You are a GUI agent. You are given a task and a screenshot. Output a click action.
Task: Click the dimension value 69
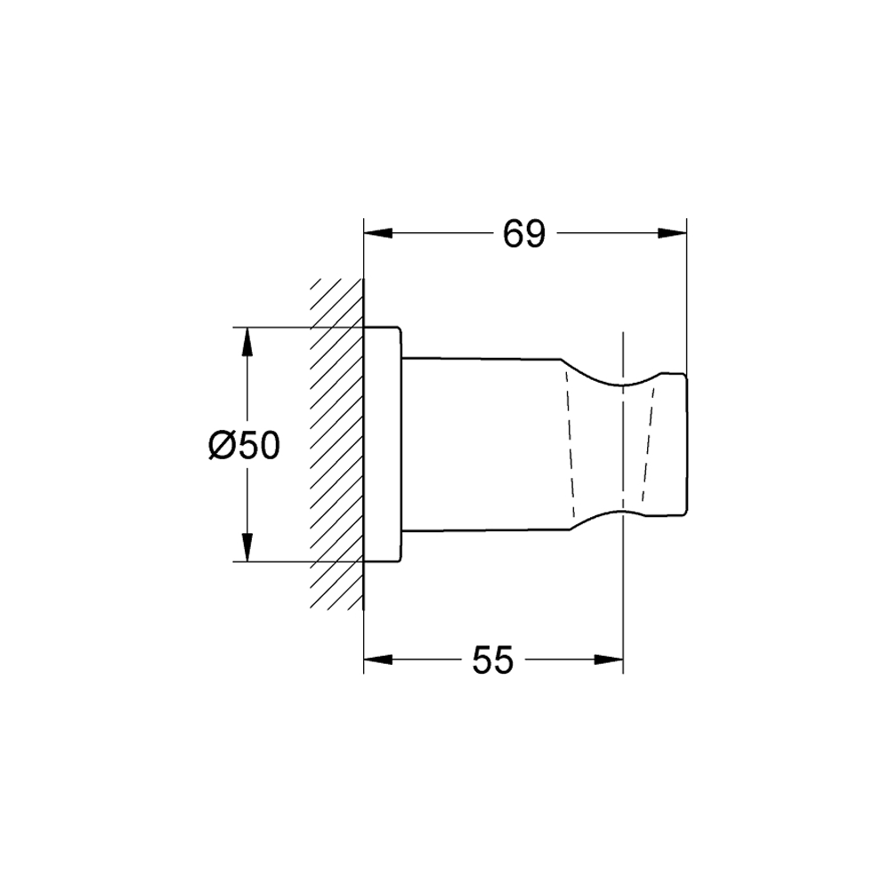(524, 233)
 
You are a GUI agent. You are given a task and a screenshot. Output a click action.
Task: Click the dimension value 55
(493, 660)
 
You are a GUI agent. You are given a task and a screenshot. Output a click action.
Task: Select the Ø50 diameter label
(244, 445)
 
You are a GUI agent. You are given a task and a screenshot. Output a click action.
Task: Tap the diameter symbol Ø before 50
(222, 445)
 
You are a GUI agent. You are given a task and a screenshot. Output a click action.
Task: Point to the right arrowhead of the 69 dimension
(672, 233)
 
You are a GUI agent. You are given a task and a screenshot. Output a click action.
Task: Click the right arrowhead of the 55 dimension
(609, 659)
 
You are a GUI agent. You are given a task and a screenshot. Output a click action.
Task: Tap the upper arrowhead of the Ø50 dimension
(247, 343)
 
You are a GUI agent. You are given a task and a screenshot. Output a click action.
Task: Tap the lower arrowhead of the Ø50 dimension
(247, 547)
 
